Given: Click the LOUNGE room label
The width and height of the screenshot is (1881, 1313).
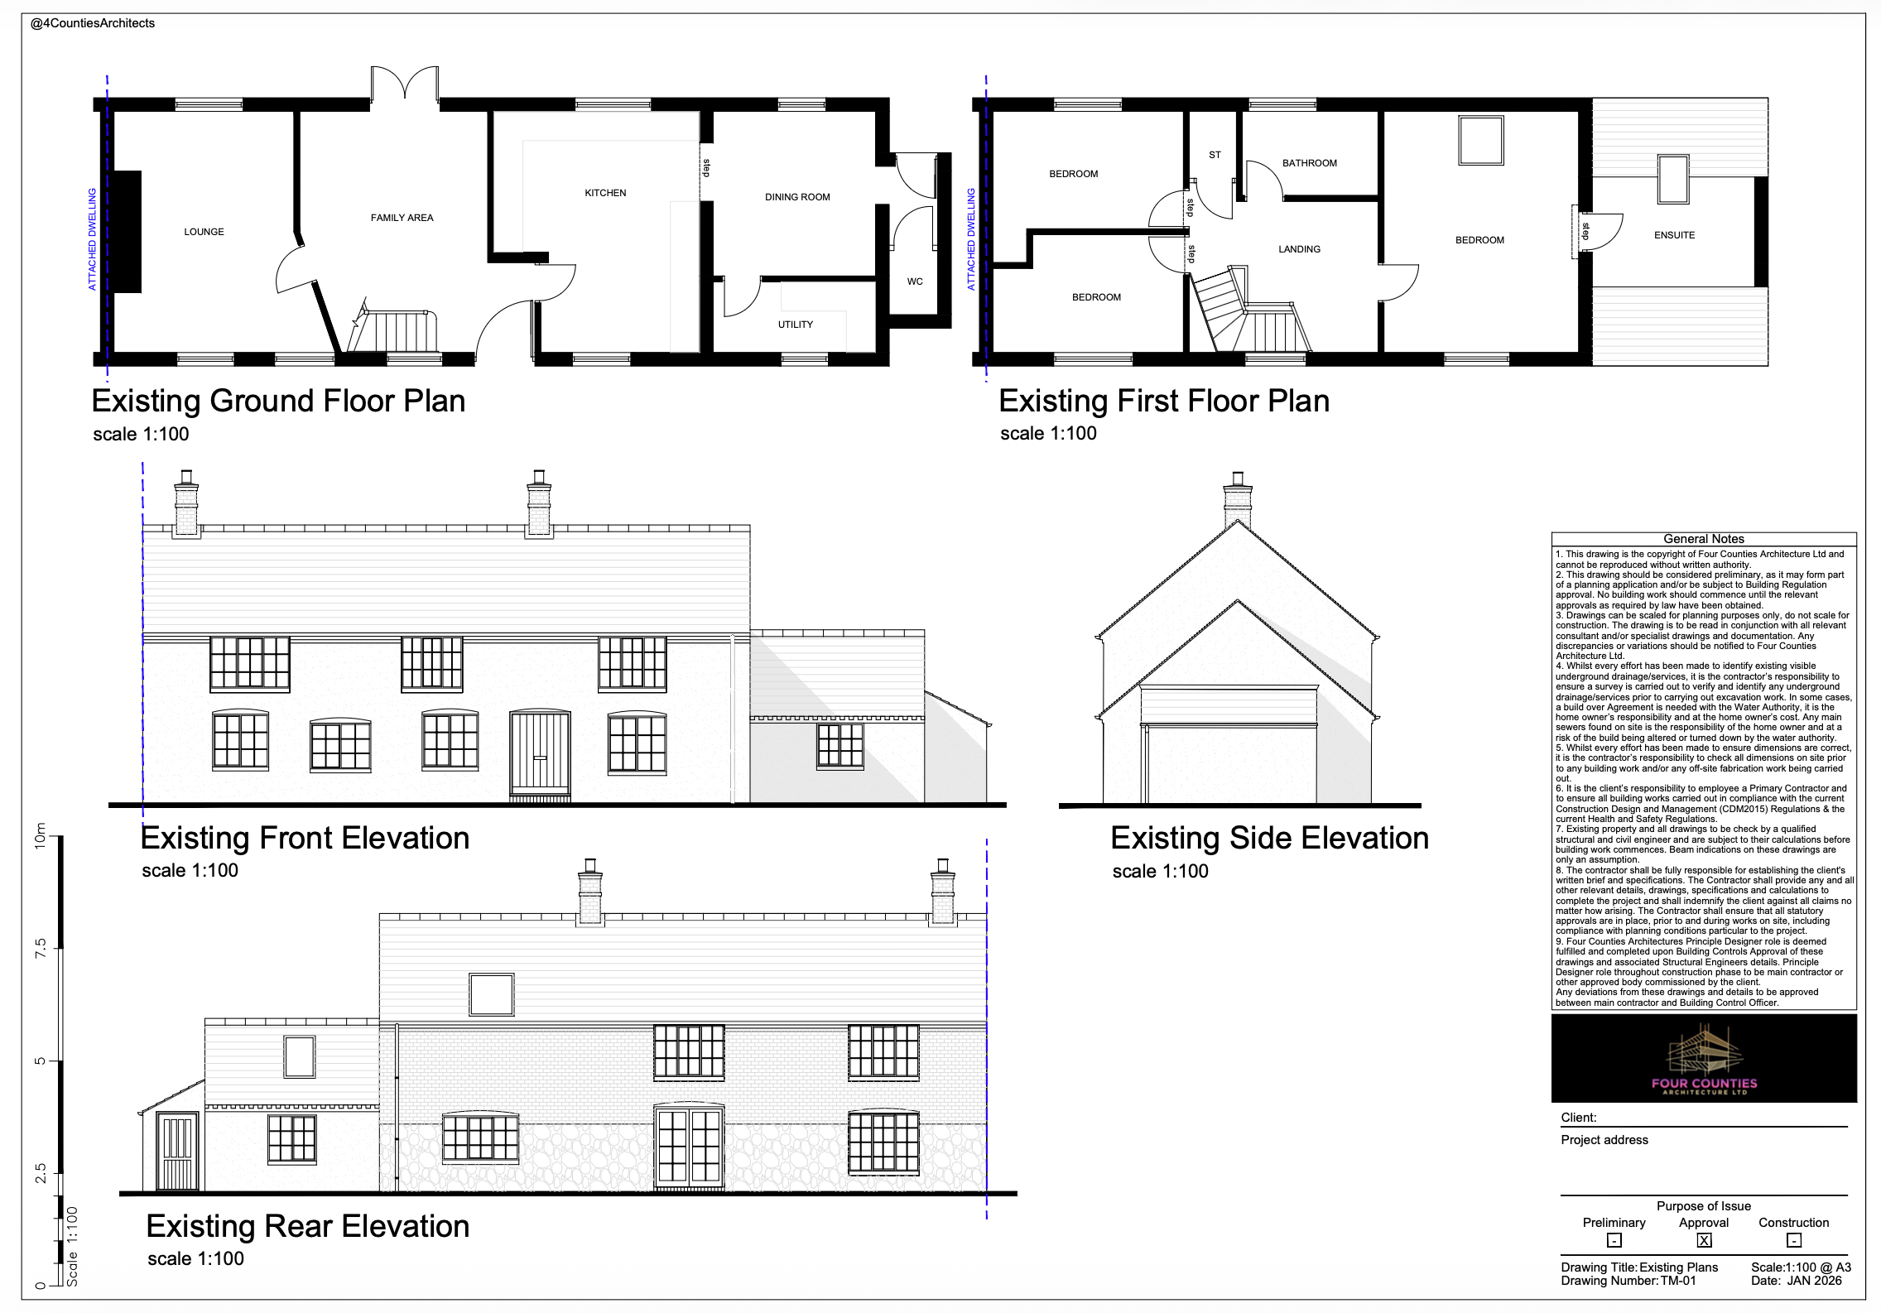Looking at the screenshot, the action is click(204, 232).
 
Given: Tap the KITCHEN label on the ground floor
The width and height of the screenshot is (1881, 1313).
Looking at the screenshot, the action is click(605, 193).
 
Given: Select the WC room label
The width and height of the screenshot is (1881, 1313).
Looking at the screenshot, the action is click(915, 281).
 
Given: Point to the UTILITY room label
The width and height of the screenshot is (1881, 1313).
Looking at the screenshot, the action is click(796, 325).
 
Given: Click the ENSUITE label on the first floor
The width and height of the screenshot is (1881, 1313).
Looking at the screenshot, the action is click(1674, 235).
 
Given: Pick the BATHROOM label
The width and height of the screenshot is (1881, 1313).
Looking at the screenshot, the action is click(1310, 163).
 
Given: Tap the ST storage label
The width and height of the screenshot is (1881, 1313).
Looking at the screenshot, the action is click(1215, 155).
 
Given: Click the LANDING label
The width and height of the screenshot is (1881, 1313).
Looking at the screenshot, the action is click(1299, 249).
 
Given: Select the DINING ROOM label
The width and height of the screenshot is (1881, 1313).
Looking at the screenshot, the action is click(797, 197).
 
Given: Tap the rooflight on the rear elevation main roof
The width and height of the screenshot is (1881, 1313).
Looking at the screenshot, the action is click(491, 993).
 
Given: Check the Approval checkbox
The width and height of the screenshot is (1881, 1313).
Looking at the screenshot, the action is click(1704, 1240).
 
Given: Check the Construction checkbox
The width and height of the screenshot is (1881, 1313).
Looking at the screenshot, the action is click(1793, 1240).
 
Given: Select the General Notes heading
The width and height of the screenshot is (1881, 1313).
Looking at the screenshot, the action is click(1704, 539).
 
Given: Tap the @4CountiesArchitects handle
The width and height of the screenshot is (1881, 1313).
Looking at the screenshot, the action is click(93, 23).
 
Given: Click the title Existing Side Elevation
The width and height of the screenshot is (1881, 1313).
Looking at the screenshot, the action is click(1269, 838).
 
